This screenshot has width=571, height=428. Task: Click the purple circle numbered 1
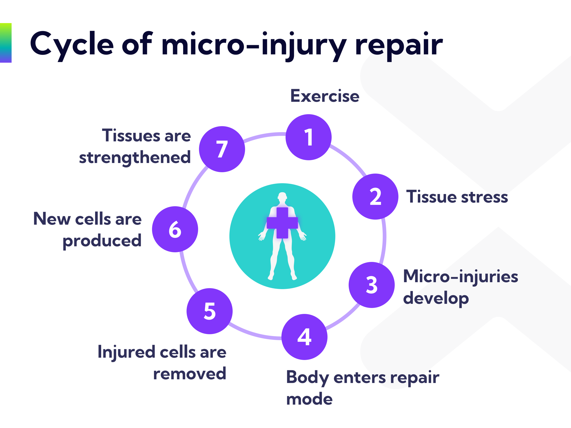click(309, 137)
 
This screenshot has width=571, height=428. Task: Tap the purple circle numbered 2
click(375, 197)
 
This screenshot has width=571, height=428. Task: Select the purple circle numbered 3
click(371, 285)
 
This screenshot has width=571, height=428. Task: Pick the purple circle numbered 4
click(304, 337)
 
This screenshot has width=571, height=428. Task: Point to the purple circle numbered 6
click(175, 229)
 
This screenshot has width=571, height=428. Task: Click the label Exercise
click(325, 96)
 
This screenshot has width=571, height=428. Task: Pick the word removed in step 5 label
click(190, 374)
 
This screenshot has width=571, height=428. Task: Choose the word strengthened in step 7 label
click(135, 158)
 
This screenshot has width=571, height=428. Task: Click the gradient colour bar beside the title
click(6, 43)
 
